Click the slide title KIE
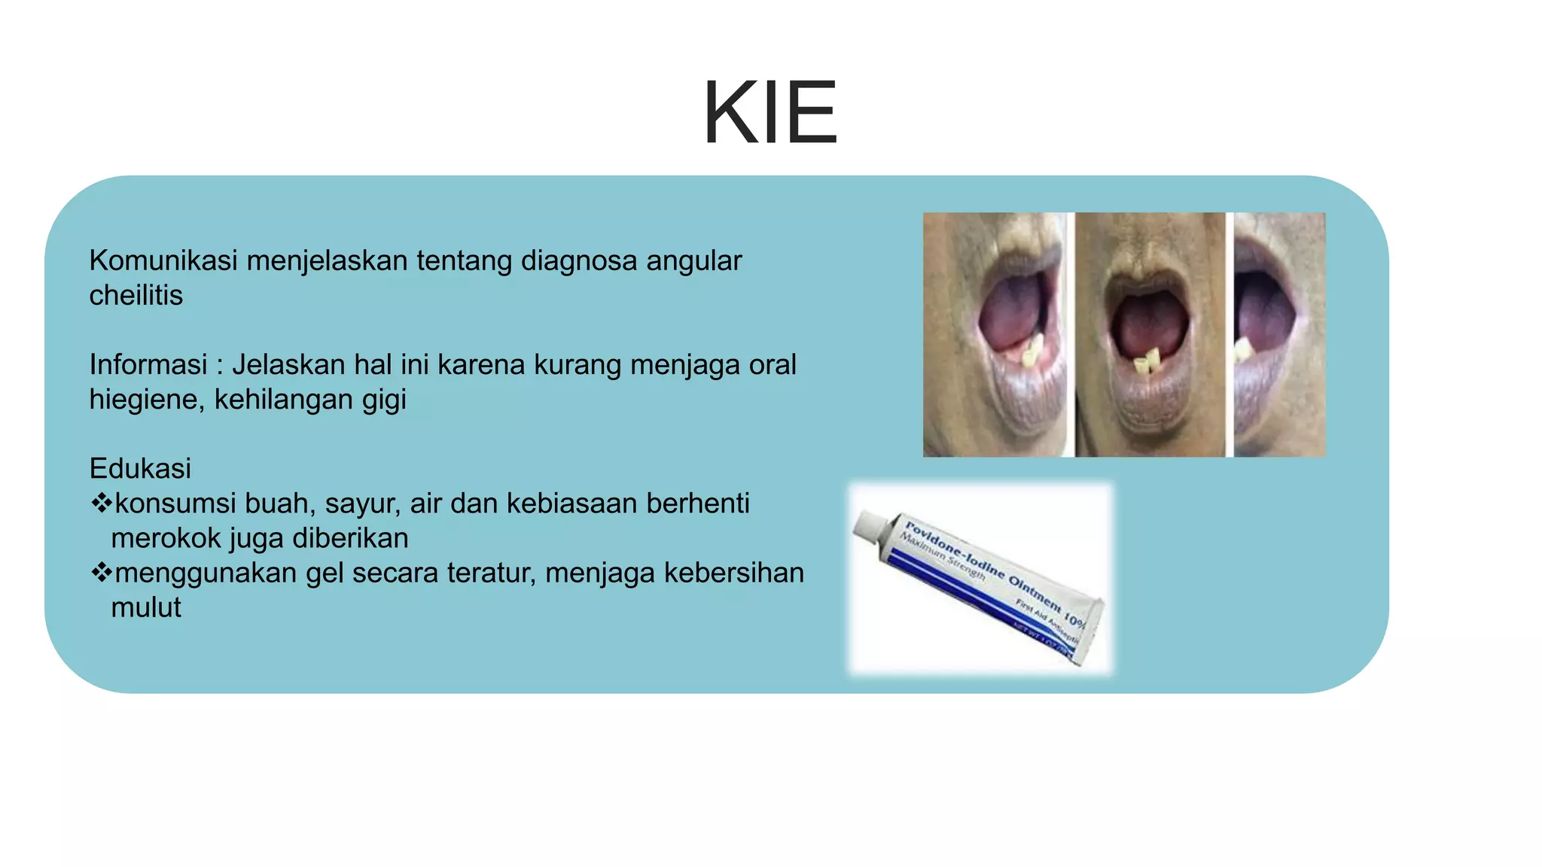(x=769, y=113)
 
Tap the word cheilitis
(x=136, y=296)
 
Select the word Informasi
(x=148, y=365)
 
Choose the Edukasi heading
(x=140, y=469)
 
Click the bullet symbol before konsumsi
(x=100, y=503)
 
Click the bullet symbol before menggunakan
(x=100, y=573)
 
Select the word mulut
(x=146, y=607)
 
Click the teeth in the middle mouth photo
(x=1147, y=362)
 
